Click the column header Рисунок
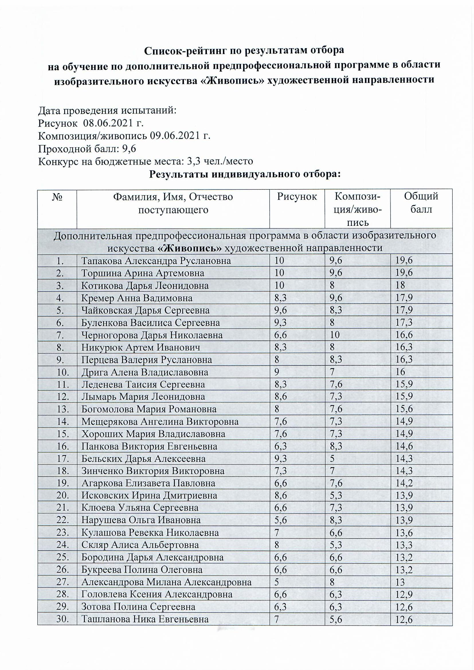(x=297, y=197)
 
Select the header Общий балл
(x=421, y=203)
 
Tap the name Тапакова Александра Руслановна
(x=156, y=260)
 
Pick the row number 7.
(x=60, y=335)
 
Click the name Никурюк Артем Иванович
(x=141, y=347)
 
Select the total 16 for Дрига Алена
(x=400, y=372)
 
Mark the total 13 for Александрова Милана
(x=400, y=583)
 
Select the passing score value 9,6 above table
(x=129, y=149)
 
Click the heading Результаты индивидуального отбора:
(x=245, y=175)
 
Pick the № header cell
(x=58, y=197)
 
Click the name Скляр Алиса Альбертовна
(x=140, y=545)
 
